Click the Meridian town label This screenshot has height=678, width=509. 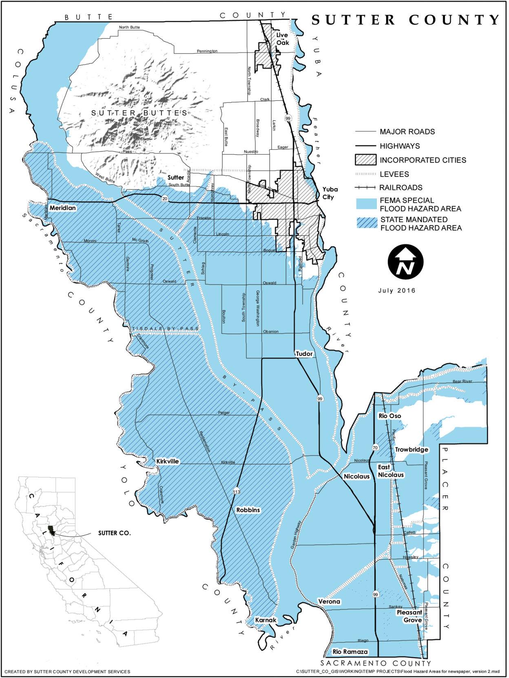click(x=63, y=208)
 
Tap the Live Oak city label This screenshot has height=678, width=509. click(x=282, y=39)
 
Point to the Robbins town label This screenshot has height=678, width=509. click(x=248, y=510)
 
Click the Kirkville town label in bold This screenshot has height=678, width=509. click(x=168, y=461)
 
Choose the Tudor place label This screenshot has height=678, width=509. click(x=304, y=353)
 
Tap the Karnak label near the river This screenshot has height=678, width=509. click(x=266, y=620)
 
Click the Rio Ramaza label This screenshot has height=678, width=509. click(x=350, y=652)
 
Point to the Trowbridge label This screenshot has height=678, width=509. click(x=412, y=449)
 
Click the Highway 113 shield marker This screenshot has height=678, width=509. click(x=236, y=492)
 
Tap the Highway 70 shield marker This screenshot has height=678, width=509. click(x=375, y=448)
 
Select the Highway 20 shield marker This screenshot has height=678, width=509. click(x=164, y=198)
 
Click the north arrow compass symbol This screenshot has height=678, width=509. click(x=405, y=262)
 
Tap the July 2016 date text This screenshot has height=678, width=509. click(x=396, y=291)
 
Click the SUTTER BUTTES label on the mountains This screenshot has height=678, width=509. click(x=139, y=113)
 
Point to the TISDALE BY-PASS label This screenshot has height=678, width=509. click(x=165, y=329)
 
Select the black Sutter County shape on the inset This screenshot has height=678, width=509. click(x=51, y=530)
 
